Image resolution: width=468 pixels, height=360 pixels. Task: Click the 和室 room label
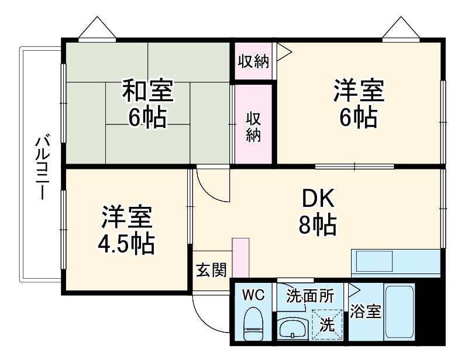coord(147,91)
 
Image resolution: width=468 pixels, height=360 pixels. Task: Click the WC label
coord(253,295)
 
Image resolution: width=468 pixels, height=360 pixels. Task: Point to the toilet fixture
coord(253,325)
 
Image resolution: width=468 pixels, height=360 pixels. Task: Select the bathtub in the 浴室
coord(400,314)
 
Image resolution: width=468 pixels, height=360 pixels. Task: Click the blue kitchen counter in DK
coord(395,262)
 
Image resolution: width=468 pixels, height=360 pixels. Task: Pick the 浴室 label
coord(365,311)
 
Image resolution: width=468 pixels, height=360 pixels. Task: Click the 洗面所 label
coord(310,296)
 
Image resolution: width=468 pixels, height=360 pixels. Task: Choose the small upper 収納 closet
coord(254,61)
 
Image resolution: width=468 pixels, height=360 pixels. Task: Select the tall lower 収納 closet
coord(253,125)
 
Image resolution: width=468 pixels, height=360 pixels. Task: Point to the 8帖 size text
coord(318,225)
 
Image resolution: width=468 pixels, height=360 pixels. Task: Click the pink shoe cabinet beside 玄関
coord(240,257)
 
